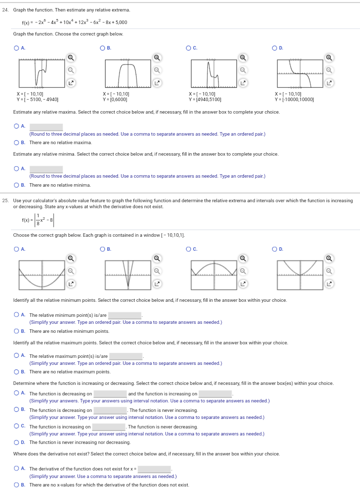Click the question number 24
tap(5, 10)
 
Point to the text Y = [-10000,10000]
tap(294, 99)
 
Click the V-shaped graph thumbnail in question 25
tap(128, 275)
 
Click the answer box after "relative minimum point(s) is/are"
tap(125, 315)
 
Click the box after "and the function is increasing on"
tap(215, 394)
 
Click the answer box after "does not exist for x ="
tap(154, 469)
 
